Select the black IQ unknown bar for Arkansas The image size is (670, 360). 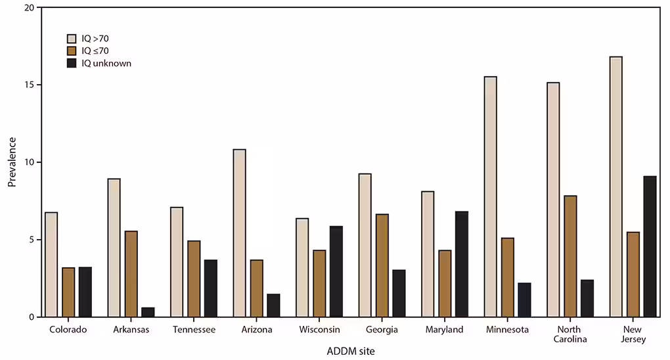point(148,312)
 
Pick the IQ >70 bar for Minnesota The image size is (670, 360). point(490,197)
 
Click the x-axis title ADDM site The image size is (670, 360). point(351,351)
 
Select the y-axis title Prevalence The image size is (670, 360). point(12,162)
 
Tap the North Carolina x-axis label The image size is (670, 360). point(570,334)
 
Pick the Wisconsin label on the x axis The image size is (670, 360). point(319,330)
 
